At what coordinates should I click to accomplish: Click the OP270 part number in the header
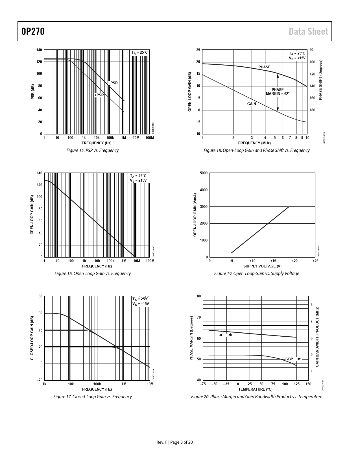(33, 31)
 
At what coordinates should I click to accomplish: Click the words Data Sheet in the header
(308, 31)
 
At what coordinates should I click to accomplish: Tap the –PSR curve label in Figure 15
(113, 83)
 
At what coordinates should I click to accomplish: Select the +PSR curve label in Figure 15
(99, 95)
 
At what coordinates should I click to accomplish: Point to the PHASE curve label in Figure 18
(264, 67)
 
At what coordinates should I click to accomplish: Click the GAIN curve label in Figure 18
(252, 104)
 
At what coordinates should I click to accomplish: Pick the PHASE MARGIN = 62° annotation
(278, 92)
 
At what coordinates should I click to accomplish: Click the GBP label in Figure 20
(289, 359)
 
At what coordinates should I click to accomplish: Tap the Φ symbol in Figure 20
(230, 335)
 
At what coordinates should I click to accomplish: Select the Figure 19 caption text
(256, 274)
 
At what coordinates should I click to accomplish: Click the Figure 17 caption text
(92, 397)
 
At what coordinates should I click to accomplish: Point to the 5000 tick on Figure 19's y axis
(204, 173)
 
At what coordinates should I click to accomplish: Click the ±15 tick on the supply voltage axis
(273, 261)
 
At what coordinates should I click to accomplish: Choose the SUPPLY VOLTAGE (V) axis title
(262, 266)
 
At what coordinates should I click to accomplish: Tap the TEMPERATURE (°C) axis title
(255, 389)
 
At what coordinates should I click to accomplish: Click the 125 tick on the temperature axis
(296, 384)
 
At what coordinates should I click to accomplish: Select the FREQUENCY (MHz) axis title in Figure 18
(254, 143)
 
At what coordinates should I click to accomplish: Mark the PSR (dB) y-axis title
(32, 92)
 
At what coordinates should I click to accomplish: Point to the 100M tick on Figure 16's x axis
(150, 261)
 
